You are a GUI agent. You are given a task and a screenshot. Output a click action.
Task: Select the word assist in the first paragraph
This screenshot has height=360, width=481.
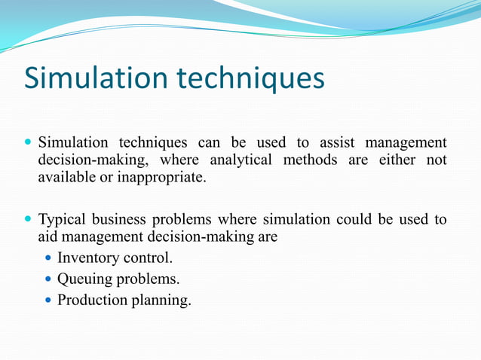pyautogui.click(x=337, y=142)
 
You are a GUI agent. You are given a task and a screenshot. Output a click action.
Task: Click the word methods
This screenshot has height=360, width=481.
pyautogui.click(x=310, y=160)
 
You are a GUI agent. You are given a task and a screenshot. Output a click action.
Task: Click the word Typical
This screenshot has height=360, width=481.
pyautogui.click(x=63, y=220)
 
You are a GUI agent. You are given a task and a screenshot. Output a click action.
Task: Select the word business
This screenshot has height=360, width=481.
pyautogui.click(x=119, y=220)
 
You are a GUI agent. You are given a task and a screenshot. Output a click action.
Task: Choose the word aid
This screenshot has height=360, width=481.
pyautogui.click(x=48, y=237)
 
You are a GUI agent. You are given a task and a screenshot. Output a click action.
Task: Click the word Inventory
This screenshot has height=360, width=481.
pyautogui.click(x=88, y=258)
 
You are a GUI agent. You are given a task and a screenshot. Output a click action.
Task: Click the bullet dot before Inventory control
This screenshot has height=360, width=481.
pyautogui.click(x=50, y=258)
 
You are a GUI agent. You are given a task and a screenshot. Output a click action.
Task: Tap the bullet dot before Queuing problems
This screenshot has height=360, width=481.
pyautogui.click(x=50, y=279)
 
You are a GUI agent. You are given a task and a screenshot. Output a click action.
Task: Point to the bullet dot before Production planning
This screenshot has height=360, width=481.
pyautogui.click(x=50, y=300)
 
